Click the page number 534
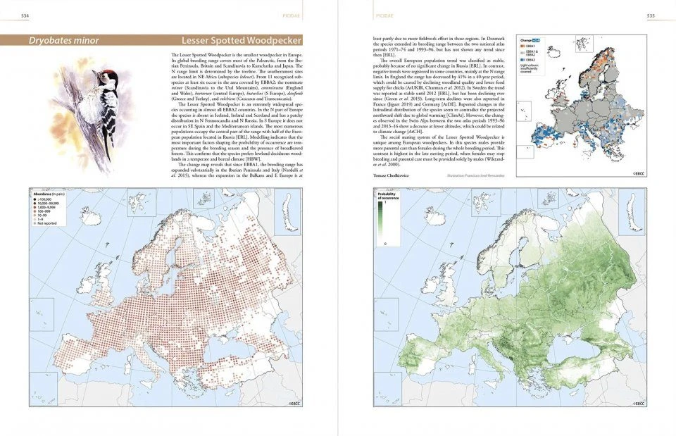[25, 15]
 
